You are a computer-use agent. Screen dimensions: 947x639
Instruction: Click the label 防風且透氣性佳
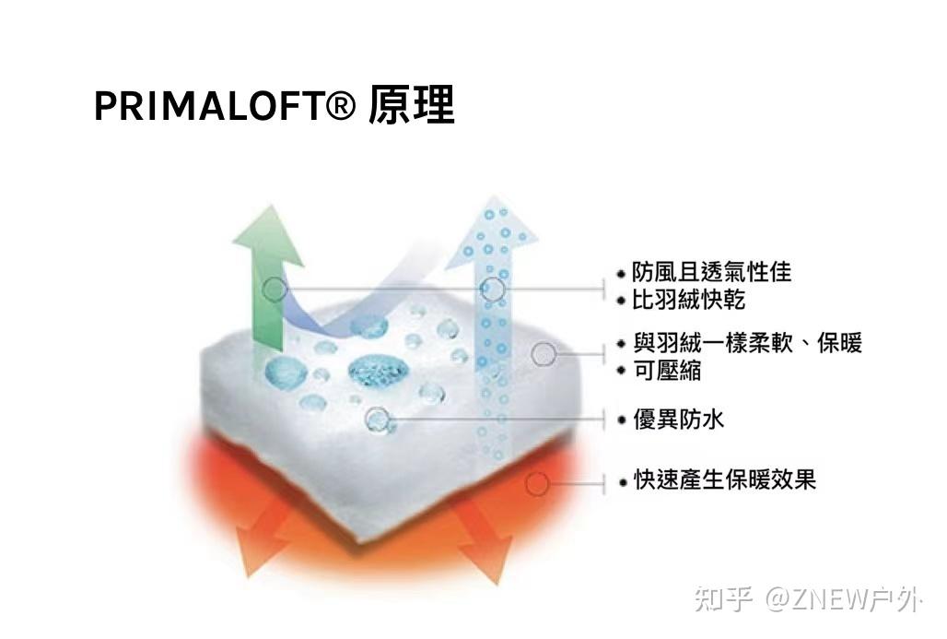point(711,272)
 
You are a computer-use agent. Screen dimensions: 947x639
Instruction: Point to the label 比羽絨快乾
point(688,300)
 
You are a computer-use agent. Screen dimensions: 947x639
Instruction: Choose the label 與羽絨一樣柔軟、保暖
point(747,344)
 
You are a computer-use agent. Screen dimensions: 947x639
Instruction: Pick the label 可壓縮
point(666,371)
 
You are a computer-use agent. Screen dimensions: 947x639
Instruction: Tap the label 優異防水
point(678,420)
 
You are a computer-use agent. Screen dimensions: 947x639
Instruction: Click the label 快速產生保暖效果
point(724,480)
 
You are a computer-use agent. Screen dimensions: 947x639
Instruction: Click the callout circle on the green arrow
point(275,290)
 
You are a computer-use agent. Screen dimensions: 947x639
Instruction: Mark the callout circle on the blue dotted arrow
point(494,290)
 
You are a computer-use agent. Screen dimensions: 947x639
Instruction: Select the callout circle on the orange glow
point(537,483)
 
